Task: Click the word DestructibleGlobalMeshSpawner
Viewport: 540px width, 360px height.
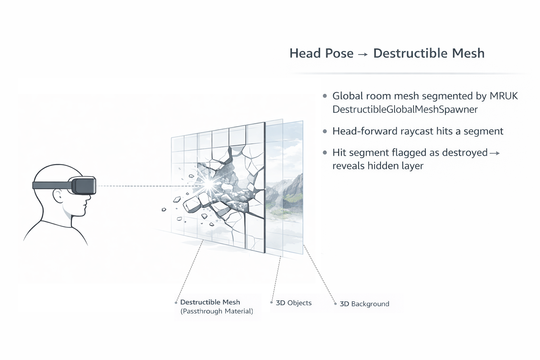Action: tap(405, 109)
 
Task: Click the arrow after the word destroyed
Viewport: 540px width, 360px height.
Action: tap(495, 153)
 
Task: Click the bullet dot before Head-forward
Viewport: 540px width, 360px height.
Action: tap(325, 131)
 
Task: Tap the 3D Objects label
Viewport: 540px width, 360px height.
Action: tap(294, 303)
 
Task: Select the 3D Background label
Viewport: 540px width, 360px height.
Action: tap(364, 304)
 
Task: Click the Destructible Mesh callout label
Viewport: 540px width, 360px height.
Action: tap(210, 302)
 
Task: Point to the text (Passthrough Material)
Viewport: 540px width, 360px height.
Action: tap(217, 311)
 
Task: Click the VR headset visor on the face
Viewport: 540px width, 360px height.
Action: tap(85, 186)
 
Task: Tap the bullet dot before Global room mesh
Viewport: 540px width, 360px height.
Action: tap(325, 96)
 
